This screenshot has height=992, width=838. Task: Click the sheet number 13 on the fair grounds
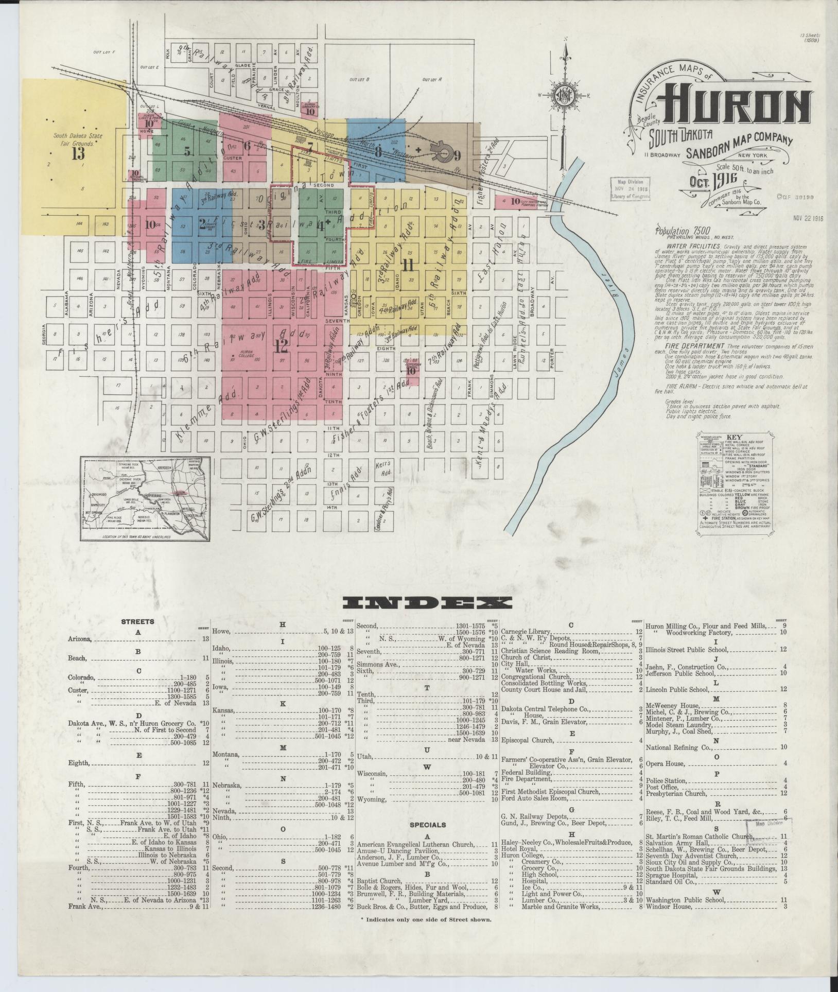(78, 154)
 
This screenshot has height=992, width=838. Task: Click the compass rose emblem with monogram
(565, 96)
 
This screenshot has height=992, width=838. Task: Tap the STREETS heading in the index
(137, 622)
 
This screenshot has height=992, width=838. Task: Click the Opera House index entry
(665, 763)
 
